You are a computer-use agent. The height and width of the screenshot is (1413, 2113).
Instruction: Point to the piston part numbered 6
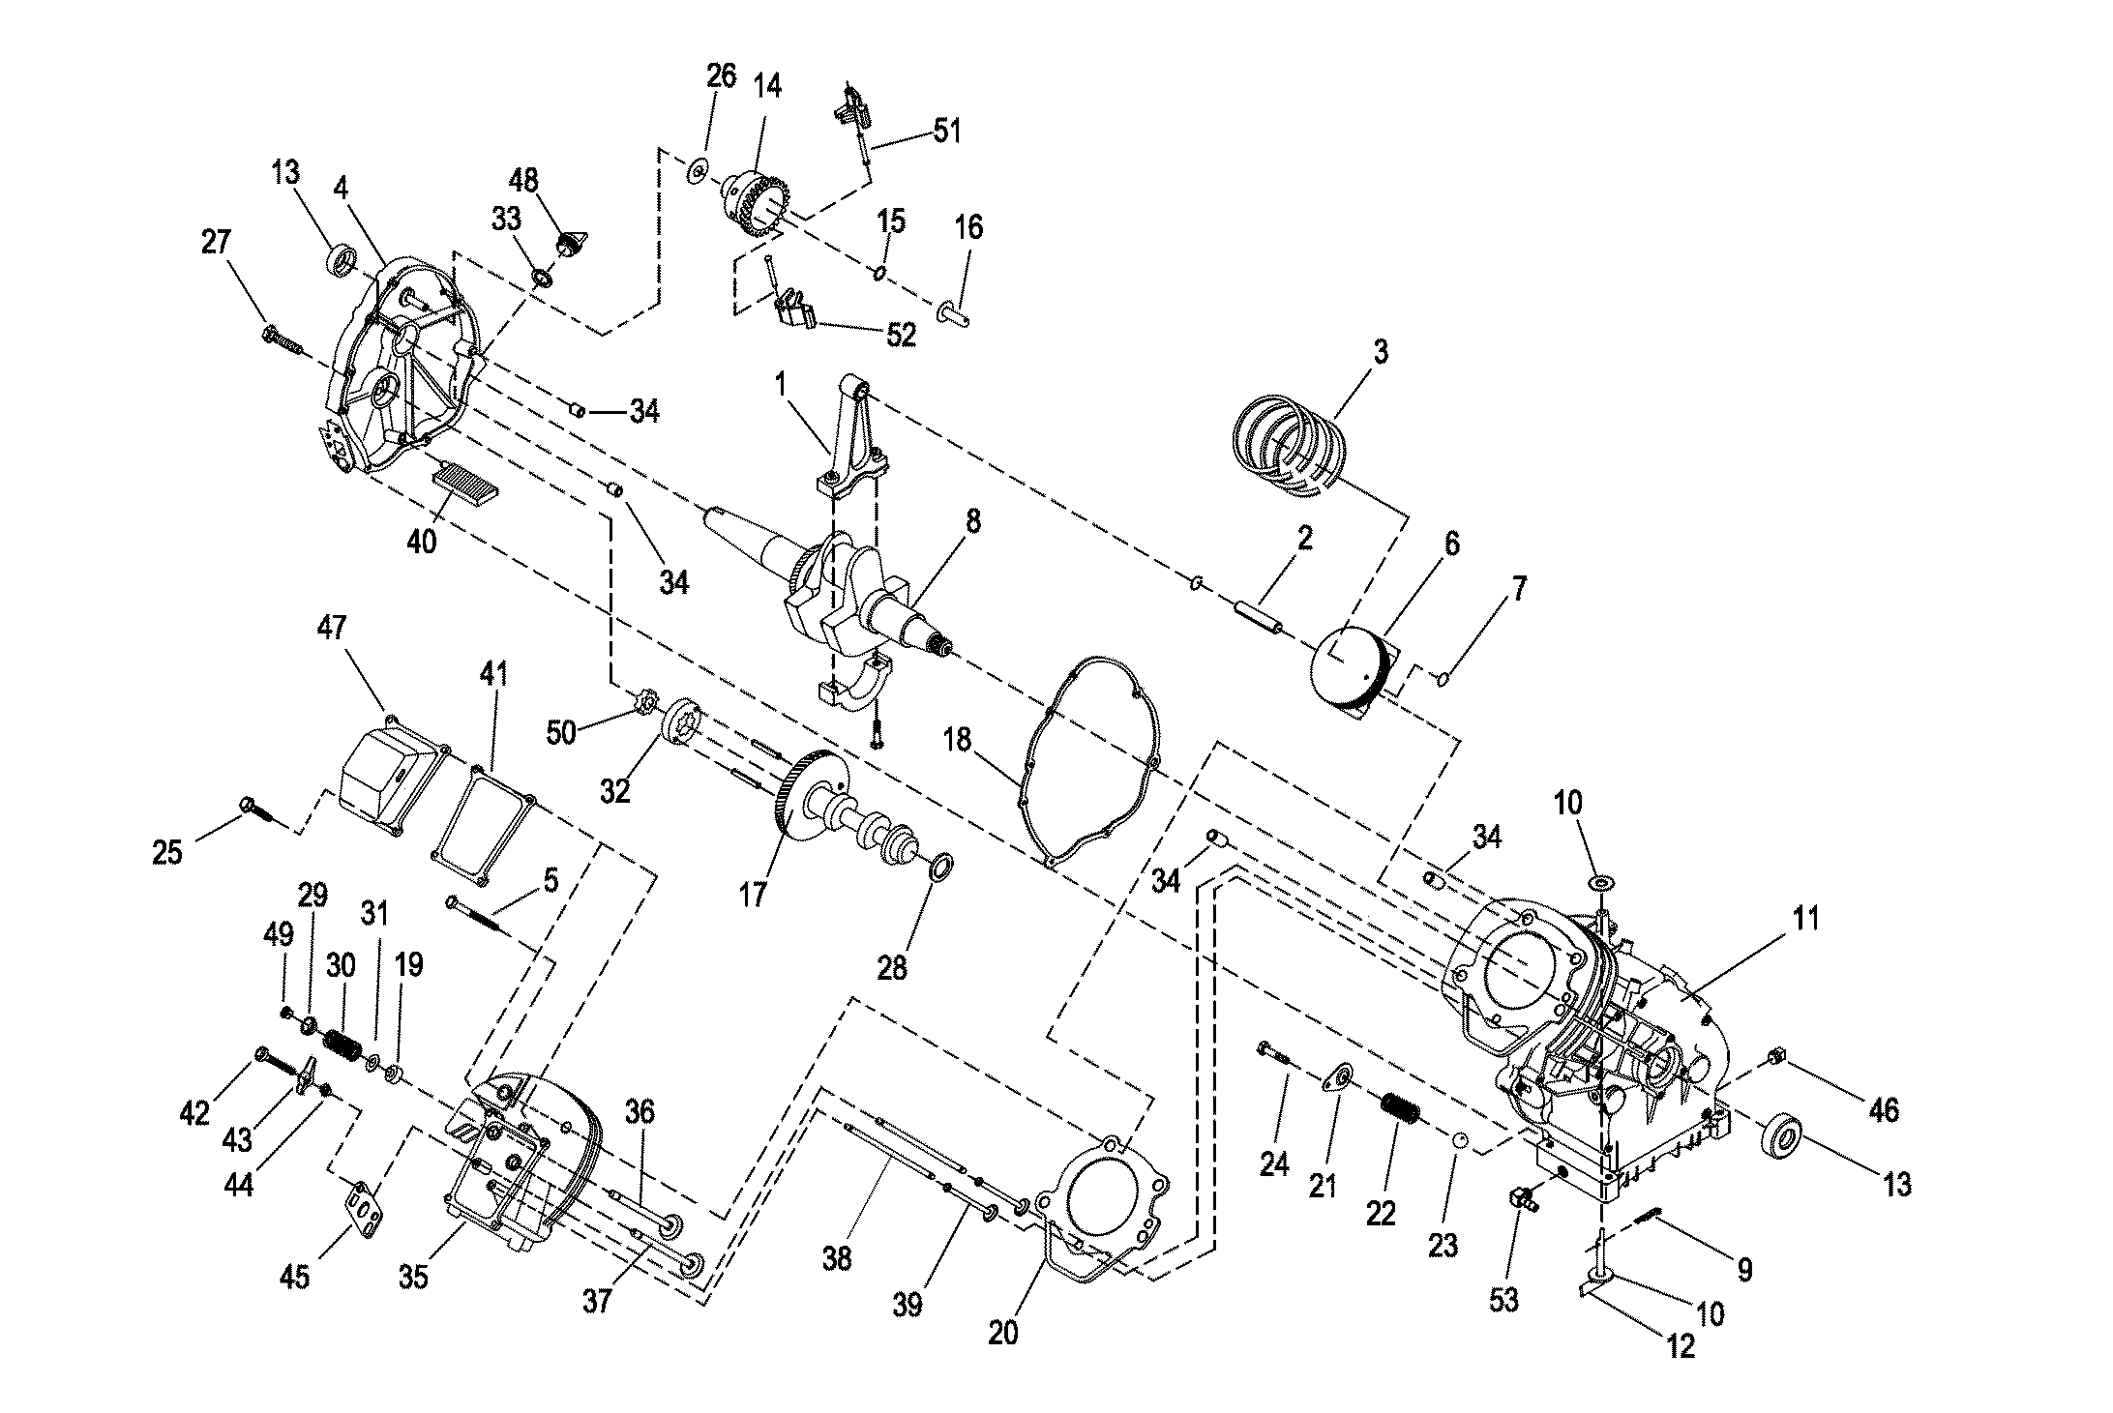[x=1349, y=681]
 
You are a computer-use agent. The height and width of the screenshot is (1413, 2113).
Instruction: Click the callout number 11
[x=1804, y=919]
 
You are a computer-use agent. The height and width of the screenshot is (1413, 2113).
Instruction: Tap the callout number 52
[x=901, y=335]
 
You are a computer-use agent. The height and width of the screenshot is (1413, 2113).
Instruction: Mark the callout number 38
[x=838, y=1258]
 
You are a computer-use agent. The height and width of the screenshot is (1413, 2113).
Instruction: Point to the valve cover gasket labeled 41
[x=481, y=822]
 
